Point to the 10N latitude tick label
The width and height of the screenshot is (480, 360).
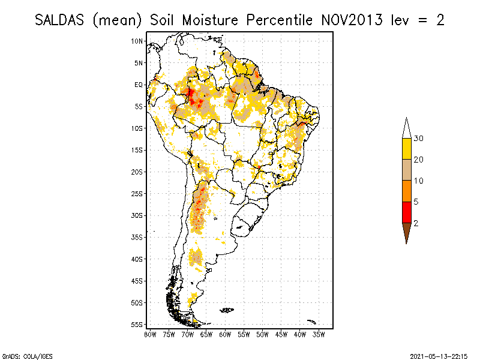point(137,41)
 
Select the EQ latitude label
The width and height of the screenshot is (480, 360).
point(138,85)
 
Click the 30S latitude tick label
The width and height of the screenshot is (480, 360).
point(137,215)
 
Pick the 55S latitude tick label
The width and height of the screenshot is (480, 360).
point(137,325)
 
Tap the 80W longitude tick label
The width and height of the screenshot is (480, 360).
point(150,334)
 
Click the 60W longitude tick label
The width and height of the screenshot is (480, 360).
point(225,334)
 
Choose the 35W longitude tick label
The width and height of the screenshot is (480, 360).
point(319,334)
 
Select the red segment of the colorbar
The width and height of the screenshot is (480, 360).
point(406,212)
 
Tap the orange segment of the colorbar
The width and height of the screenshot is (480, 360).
point(406,191)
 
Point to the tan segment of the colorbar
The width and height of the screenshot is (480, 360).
point(406,170)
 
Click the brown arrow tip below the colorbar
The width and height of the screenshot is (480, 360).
point(406,232)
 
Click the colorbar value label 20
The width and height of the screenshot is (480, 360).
point(419,160)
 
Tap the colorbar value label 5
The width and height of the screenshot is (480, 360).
point(416,202)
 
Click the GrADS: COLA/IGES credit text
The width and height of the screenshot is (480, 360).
point(27,356)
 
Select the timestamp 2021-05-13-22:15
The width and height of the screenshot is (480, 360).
point(439,356)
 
